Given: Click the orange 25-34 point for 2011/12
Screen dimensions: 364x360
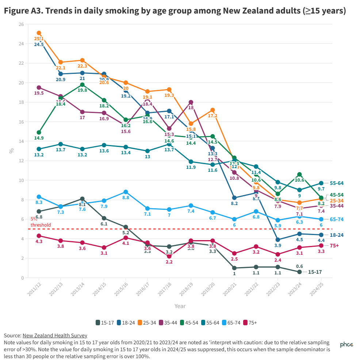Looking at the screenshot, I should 39,33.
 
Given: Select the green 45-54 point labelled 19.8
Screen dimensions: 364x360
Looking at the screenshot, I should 82,84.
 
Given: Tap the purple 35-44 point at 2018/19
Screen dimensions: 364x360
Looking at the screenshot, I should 191,102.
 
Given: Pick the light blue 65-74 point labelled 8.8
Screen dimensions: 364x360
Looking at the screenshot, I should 126,192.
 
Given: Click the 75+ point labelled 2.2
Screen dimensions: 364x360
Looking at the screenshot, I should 169,256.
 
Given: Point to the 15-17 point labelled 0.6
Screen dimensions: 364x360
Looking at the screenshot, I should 299,272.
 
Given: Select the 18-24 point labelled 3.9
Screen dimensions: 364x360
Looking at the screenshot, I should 277,240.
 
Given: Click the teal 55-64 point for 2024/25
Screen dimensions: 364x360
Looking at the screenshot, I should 321,183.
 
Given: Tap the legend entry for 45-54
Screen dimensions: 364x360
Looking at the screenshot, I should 189,323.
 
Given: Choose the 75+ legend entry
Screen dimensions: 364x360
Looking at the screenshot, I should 249,323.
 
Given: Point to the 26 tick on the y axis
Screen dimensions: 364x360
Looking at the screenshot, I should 21,24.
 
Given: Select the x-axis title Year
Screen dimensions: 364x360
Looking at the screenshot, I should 180,306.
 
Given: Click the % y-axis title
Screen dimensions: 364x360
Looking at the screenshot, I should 11,150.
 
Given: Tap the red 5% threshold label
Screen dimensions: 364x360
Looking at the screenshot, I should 40,222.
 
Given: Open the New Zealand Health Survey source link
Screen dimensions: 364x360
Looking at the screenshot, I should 55,335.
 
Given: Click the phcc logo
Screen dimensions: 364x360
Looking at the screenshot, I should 347,345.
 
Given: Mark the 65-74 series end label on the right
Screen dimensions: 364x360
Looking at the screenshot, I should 337,219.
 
